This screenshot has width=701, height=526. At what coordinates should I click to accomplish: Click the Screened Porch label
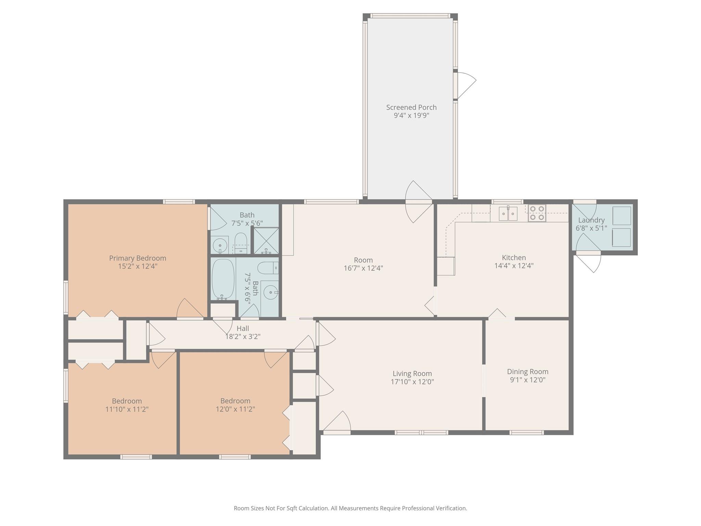pos(411,108)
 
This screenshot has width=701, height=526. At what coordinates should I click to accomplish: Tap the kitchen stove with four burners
pos(537,213)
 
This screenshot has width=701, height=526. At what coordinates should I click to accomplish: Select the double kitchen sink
pos(508,214)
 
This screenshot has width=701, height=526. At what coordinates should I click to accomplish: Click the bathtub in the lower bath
pos(223,279)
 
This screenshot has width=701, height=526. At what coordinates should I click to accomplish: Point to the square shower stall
pos(266,241)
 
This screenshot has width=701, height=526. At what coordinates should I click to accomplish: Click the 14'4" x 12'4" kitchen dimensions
pos(514,266)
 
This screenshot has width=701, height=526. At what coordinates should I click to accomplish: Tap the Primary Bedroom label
pos(138,258)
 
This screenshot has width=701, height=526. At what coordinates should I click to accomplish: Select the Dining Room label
pos(527,372)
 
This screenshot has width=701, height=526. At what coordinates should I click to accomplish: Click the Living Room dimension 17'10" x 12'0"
pos(412,382)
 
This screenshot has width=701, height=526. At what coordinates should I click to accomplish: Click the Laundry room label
pos(591,220)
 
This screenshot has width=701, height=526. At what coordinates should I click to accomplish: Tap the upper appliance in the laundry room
pos(621,216)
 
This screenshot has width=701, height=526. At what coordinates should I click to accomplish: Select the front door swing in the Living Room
pos(337,422)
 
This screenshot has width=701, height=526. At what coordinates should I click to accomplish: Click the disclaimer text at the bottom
pos(350,508)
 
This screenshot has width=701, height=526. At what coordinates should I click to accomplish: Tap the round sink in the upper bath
pos(219,245)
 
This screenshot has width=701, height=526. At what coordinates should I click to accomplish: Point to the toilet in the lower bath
pos(267,268)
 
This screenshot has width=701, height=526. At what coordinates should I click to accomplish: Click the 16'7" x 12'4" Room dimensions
pos(363,268)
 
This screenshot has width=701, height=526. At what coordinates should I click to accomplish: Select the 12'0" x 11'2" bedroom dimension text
pos(235,409)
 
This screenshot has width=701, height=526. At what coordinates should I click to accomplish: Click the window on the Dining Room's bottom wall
pos(526,433)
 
